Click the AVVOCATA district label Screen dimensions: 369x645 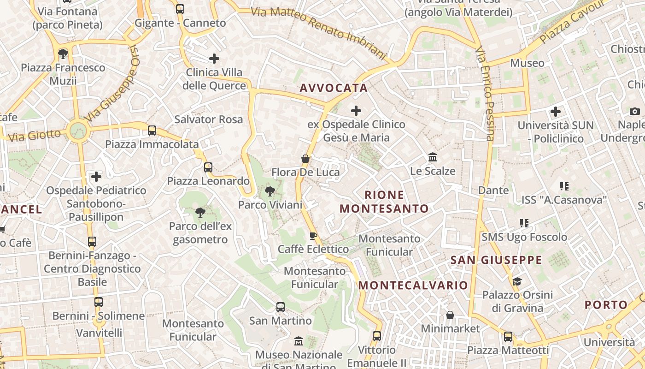click(x=334, y=88)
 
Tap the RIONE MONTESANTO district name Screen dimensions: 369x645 click(x=384, y=202)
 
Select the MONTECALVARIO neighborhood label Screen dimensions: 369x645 click(x=413, y=285)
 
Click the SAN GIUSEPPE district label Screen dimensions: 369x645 click(x=496, y=260)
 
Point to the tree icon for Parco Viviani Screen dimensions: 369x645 click(x=270, y=191)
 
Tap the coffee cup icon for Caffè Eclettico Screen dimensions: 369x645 click(x=313, y=236)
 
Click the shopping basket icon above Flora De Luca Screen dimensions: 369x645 click(x=305, y=159)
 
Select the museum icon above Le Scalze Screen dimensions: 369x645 click(x=433, y=158)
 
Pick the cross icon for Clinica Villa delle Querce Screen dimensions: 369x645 click(x=214, y=59)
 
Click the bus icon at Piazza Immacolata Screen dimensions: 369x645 click(x=152, y=131)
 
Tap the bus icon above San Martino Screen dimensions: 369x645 click(x=280, y=307)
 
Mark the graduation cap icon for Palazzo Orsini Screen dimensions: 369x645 click(x=517, y=281)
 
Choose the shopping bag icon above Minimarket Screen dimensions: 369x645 click(x=450, y=315)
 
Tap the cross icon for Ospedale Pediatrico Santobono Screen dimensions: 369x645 click(x=96, y=177)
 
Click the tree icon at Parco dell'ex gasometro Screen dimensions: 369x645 click(x=200, y=213)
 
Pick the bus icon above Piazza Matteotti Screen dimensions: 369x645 click(x=508, y=337)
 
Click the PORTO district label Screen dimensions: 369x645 click(x=606, y=305)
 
